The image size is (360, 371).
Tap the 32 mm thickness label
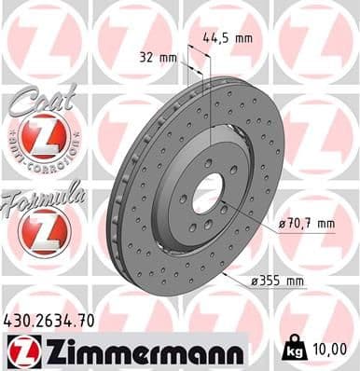tap(156, 58)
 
